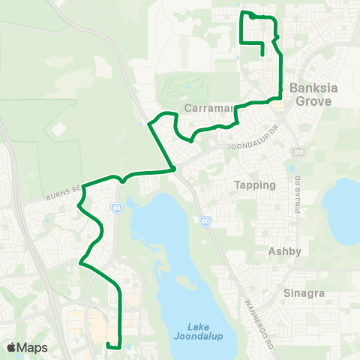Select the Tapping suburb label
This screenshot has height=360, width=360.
coord(256,184)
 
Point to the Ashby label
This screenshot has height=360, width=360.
coord(284,253)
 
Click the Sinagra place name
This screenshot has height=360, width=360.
coord(304,293)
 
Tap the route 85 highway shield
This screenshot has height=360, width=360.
coord(116,206)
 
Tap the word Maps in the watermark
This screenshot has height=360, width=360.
coord(32,347)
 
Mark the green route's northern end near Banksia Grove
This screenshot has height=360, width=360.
coord(261,55)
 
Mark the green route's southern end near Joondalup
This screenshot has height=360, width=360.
coord(109,346)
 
